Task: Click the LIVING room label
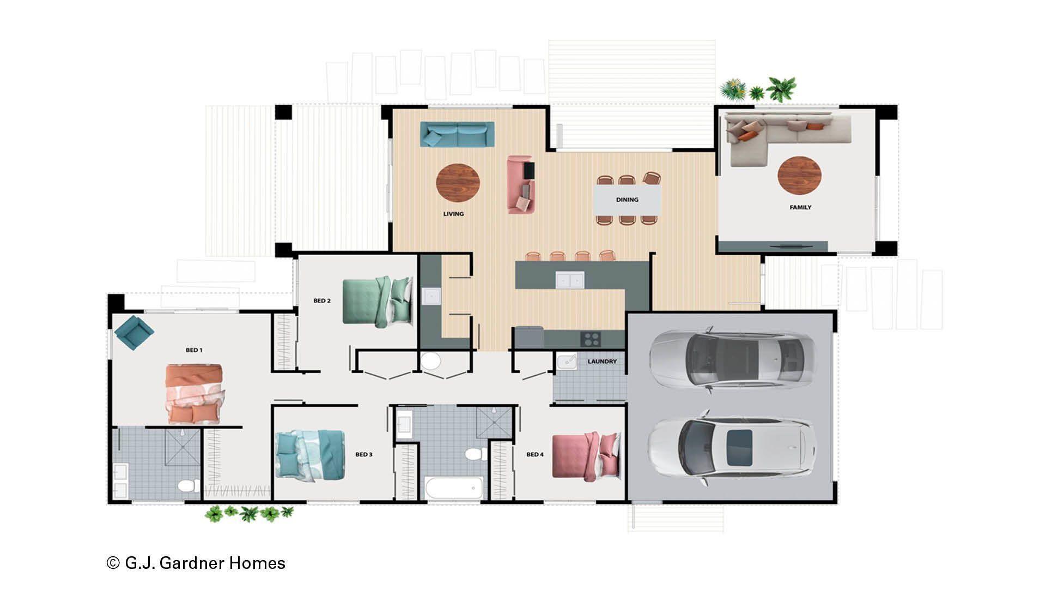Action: pyautogui.click(x=453, y=214)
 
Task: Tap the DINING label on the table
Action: pyautogui.click(x=627, y=200)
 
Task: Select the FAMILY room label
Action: pyautogui.click(x=800, y=207)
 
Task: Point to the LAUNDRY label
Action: pyautogui.click(x=602, y=362)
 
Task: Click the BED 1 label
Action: pyautogui.click(x=194, y=350)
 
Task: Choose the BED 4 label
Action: pyautogui.click(x=535, y=454)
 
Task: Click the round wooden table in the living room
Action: pyautogui.click(x=458, y=183)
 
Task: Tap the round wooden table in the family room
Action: pyautogui.click(x=799, y=175)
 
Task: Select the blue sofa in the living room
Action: pyautogui.click(x=457, y=134)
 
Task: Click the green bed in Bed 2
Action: pyautogui.click(x=377, y=302)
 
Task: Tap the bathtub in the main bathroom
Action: pyautogui.click(x=454, y=488)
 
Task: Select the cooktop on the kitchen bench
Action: pyautogui.click(x=591, y=339)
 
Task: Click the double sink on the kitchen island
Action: pyautogui.click(x=570, y=280)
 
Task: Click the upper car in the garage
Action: pyautogui.click(x=733, y=360)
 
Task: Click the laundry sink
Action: pyautogui.click(x=567, y=362)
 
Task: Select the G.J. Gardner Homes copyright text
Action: pyautogui.click(x=196, y=563)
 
